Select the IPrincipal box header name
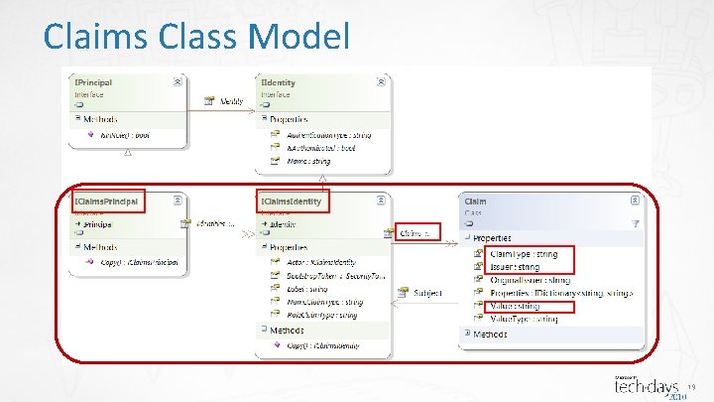tap(95, 82)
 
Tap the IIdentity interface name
tap(279, 82)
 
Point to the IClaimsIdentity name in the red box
tap(292, 201)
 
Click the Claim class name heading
tap(476, 201)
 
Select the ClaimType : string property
tap(525, 254)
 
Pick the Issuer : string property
tap(516, 267)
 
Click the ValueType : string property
tap(525, 320)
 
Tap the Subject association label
tap(427, 293)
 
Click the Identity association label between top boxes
tap(232, 101)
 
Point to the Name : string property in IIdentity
tap(307, 161)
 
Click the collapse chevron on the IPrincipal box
tap(177, 82)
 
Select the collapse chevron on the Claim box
tap(635, 201)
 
